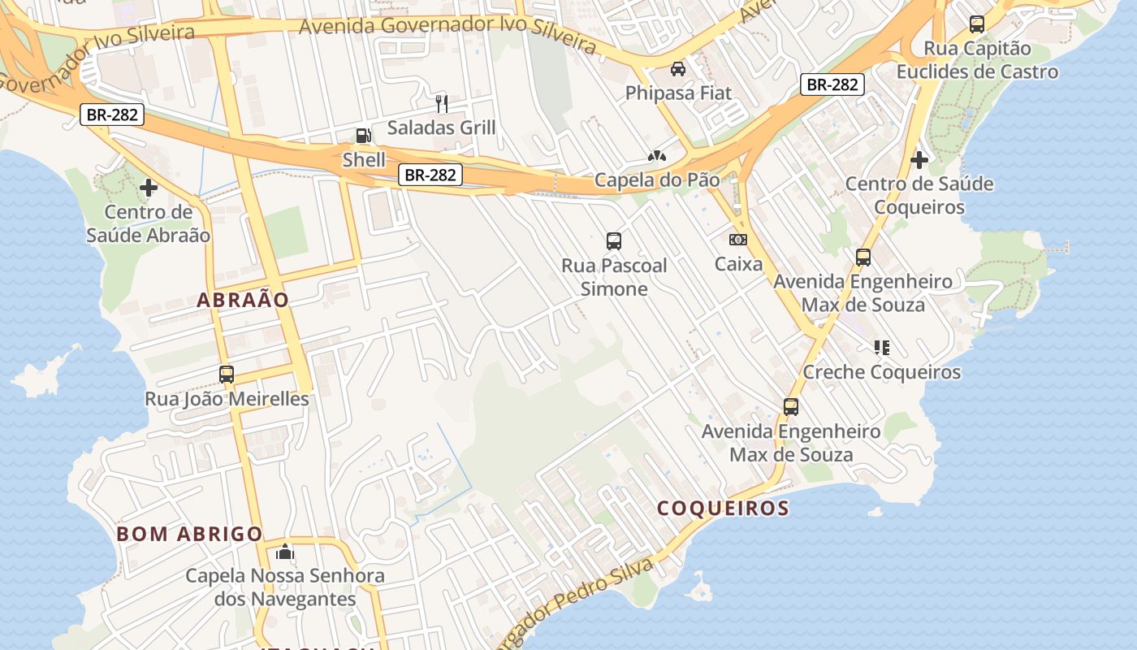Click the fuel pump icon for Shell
363,136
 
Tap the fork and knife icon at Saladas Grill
442,103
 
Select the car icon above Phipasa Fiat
678,69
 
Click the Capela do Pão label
657,180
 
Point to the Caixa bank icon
738,240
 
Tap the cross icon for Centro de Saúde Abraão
149,188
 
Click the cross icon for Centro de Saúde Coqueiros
919,160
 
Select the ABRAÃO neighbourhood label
243,300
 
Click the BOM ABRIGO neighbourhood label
189,534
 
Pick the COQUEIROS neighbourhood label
723,509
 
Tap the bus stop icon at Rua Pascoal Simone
614,240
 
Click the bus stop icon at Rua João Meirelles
227,375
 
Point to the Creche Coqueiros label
882,372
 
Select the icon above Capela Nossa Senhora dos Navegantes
284,552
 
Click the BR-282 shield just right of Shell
430,174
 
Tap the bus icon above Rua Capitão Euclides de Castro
977,24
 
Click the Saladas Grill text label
441,128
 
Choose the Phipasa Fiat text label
678,93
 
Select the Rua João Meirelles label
227,399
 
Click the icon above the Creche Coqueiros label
882,348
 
